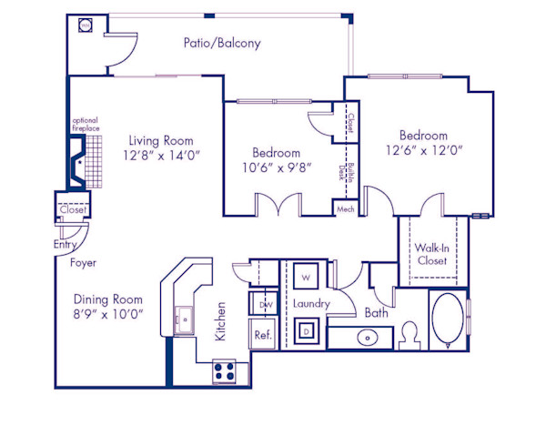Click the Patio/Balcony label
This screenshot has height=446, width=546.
222,43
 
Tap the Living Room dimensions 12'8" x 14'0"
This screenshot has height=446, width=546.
163,156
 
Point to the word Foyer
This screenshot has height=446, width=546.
84,263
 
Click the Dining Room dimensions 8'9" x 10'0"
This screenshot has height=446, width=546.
108,315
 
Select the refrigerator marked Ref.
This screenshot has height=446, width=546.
262,334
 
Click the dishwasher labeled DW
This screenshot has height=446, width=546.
266,304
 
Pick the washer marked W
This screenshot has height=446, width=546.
306,277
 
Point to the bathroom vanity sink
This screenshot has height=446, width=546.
367,338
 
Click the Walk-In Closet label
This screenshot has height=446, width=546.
431,254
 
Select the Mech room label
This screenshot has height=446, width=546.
345,208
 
